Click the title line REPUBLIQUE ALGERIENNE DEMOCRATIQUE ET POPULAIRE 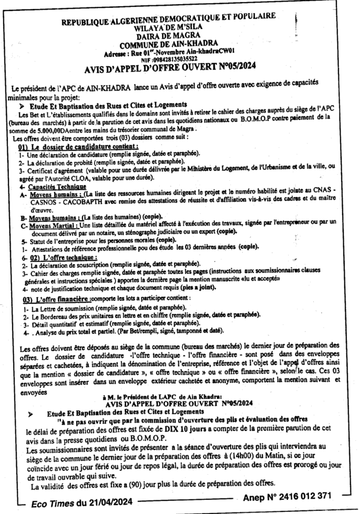[x=168, y=18]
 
